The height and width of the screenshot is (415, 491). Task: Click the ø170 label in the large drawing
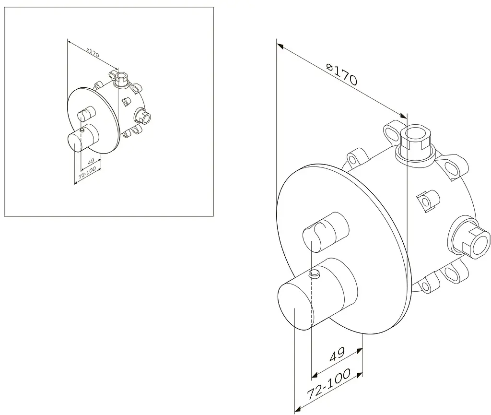coord(341,75)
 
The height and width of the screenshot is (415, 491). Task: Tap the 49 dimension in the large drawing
coord(337,354)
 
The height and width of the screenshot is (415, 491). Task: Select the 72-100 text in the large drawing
coord(328,384)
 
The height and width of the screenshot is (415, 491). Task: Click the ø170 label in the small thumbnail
coord(93,53)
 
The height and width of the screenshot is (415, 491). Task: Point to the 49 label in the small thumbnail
coord(91,162)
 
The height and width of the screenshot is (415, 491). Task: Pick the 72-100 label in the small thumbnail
coord(87,173)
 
